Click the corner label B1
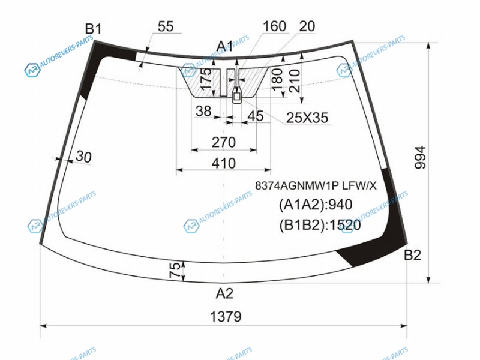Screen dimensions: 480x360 point(93,29)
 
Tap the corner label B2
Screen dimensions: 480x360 point(412,254)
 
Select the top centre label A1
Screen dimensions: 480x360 point(225,46)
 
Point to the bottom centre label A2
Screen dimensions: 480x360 point(224,293)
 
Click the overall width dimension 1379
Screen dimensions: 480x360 point(226,316)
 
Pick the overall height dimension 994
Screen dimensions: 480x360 point(420,157)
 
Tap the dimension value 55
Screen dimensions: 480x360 point(166,26)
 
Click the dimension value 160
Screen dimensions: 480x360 point(275,26)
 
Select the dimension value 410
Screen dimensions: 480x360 point(224,163)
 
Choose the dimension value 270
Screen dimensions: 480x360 point(224,142)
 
